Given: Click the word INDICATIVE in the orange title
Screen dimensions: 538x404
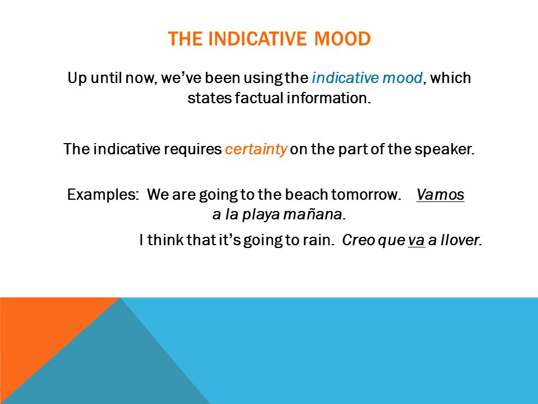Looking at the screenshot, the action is [257, 39].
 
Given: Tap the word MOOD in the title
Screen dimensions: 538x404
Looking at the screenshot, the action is [342, 39].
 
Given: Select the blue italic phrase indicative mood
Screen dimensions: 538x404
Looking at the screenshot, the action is [367, 77].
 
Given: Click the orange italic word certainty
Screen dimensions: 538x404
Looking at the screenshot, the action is [256, 149].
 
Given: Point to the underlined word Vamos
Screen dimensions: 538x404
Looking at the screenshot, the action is [440, 195].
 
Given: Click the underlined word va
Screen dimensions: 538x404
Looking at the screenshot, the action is [416, 240].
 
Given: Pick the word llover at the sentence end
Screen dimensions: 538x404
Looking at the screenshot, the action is [461, 240].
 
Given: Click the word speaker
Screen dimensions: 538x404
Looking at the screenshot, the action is [444, 149].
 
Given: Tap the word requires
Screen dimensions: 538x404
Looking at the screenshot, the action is [192, 149].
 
